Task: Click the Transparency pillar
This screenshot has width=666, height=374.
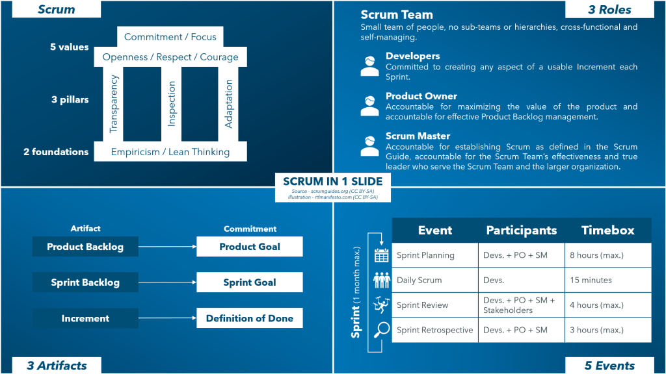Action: (114, 104)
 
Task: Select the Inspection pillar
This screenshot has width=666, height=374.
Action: (172, 104)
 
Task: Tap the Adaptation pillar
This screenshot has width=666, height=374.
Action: (228, 104)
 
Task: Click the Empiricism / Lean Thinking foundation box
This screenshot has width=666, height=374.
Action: (170, 152)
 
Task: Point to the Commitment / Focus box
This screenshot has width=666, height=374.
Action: (170, 37)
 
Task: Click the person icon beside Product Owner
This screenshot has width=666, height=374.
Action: (369, 106)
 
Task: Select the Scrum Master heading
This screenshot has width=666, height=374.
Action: (418, 136)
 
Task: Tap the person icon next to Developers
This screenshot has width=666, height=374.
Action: (369, 66)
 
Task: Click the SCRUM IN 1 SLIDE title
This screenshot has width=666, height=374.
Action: (333, 181)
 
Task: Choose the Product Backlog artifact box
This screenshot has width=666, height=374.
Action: (85, 247)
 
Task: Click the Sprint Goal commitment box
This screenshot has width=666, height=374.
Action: (250, 282)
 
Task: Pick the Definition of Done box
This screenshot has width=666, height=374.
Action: (250, 318)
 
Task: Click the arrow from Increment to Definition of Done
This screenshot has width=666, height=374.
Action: (168, 318)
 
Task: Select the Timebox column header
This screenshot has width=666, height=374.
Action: (607, 231)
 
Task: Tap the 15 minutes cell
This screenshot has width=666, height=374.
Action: (607, 280)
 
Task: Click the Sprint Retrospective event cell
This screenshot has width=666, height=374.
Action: (434, 330)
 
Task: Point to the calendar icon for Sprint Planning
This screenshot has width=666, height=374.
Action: (381, 256)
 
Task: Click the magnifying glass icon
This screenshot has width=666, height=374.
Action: (381, 330)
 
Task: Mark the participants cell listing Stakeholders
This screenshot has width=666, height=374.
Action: (521, 305)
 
